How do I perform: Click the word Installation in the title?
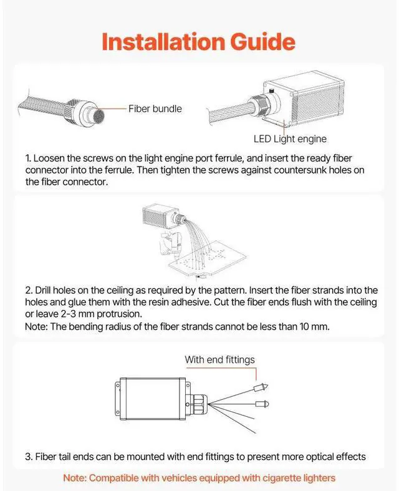coord(163,42)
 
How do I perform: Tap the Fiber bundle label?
coord(155,109)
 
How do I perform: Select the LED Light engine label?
coord(290,139)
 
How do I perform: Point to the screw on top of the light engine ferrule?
coord(272,90)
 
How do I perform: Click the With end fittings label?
coord(219,360)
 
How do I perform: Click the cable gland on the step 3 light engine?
coord(198,404)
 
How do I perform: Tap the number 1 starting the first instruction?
coord(27,158)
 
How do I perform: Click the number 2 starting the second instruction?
coord(29,290)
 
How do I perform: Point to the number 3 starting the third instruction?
coord(29,457)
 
